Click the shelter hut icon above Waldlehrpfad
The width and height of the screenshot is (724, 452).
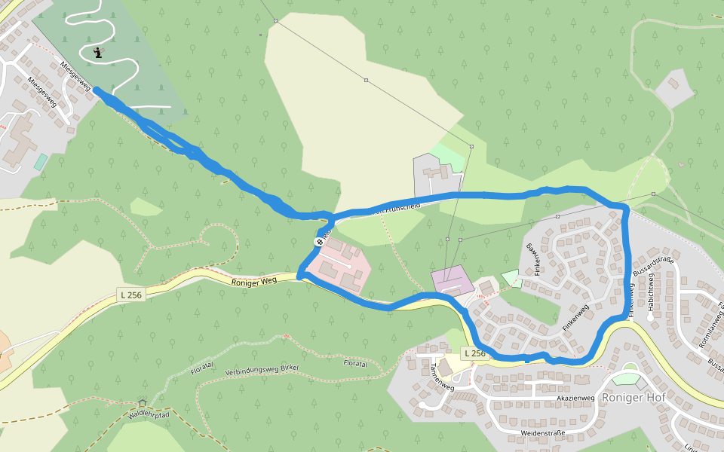coord(142,403)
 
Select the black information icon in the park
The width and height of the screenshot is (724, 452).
coord(97,53)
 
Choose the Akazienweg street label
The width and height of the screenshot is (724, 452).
coord(576,397)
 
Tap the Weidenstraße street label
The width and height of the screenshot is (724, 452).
coord(543,433)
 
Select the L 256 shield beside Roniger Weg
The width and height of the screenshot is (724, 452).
coord(130,295)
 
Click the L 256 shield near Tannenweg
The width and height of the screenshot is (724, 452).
coord(474,353)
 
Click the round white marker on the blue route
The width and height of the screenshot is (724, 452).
coord(318,242)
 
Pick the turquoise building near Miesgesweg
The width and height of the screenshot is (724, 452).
coord(41,162)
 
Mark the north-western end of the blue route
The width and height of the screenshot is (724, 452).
coord(97,90)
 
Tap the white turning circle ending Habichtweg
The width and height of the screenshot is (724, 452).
coord(649,317)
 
